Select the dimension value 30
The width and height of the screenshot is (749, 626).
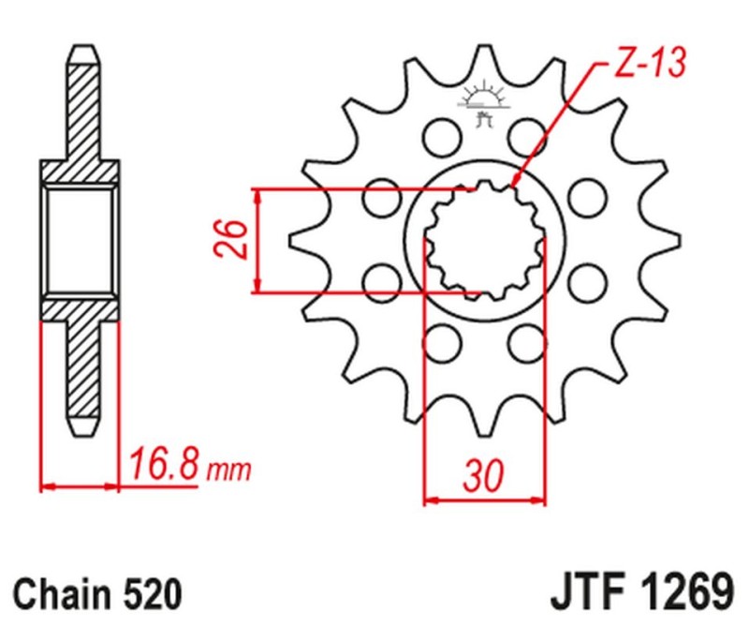pyautogui.click(x=484, y=478)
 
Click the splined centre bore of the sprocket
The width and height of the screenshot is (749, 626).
pyautogui.click(x=484, y=240)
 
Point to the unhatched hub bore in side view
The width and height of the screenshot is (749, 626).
pyautogui.click(x=81, y=240)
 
